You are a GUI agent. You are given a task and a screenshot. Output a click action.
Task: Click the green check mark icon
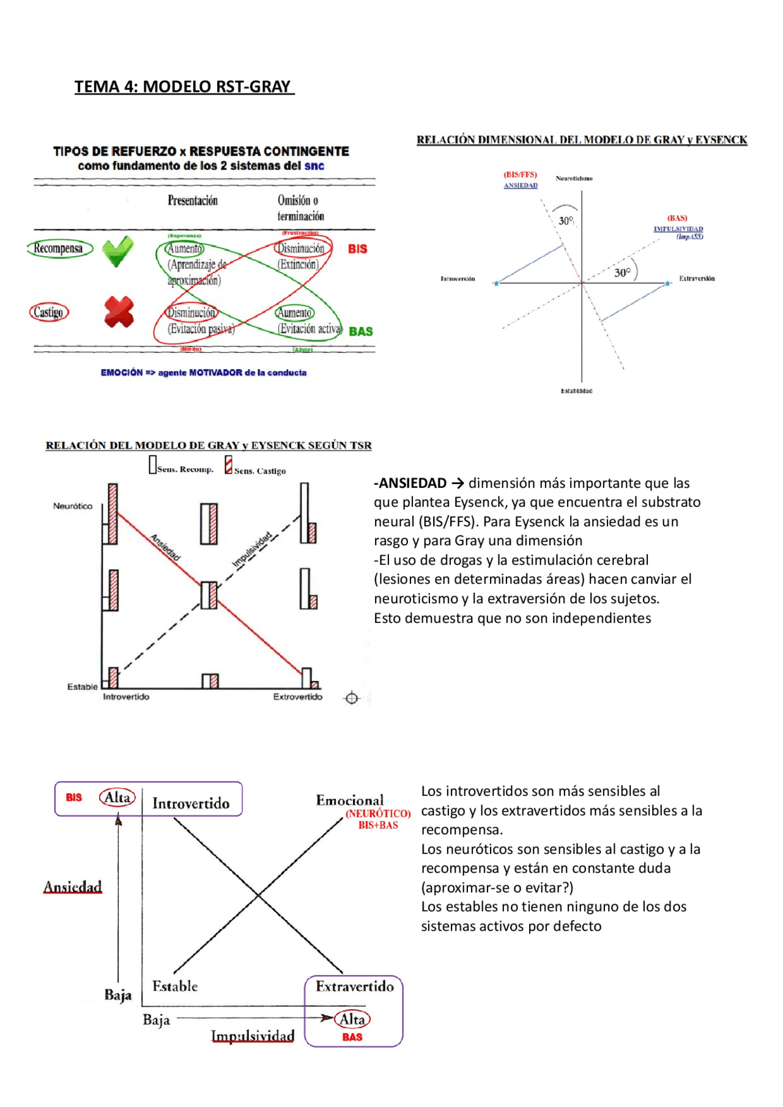point(117,251)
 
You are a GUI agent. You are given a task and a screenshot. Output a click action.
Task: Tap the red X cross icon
point(119,312)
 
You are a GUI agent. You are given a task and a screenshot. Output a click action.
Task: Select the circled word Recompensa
point(59,248)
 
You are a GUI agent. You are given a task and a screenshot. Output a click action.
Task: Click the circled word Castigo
point(48,312)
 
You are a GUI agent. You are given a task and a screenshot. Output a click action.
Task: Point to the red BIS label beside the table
point(357,249)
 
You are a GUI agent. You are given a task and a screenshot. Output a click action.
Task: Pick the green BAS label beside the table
point(360,331)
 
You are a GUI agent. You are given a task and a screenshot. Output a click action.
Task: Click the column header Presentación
point(193,200)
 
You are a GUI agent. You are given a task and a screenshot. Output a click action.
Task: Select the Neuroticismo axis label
point(574,178)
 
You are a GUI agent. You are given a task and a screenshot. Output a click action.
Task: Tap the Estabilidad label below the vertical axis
point(576,391)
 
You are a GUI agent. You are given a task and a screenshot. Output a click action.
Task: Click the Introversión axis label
point(458,279)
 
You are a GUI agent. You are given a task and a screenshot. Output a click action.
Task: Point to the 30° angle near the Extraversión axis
point(622,273)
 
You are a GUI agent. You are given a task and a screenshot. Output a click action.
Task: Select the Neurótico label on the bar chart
point(72,506)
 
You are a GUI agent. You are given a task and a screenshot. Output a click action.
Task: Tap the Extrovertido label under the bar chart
point(297,697)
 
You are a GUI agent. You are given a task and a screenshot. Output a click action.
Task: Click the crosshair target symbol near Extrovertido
point(352,697)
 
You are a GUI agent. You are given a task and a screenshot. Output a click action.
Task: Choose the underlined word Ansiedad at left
point(72,886)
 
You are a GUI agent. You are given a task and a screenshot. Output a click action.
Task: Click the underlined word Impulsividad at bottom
point(253,1035)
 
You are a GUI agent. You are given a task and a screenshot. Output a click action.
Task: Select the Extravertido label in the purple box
point(355,986)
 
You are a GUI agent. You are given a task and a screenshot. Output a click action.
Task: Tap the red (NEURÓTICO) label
point(378,814)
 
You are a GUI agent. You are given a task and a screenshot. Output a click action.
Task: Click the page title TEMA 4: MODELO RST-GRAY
point(183,87)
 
